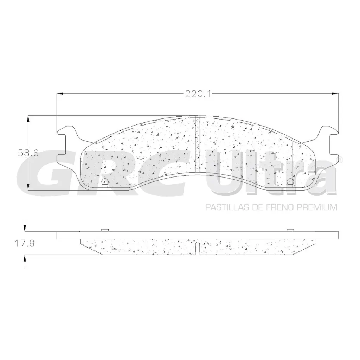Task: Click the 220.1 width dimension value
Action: pyautogui.click(x=198, y=94)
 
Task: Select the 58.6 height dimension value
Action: pyautogui.click(x=28, y=153)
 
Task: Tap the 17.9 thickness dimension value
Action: pyautogui.click(x=25, y=243)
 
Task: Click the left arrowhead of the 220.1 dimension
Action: pyautogui.click(x=60, y=94)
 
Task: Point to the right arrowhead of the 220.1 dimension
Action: pyautogui.click(x=335, y=94)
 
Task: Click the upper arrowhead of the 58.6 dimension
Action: pyautogui.click(x=28, y=119)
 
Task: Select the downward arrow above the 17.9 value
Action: pyautogui.click(x=25, y=225)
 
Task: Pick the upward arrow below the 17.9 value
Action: pyautogui.click(x=25, y=261)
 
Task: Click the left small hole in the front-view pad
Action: pyautogui.click(x=105, y=181)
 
